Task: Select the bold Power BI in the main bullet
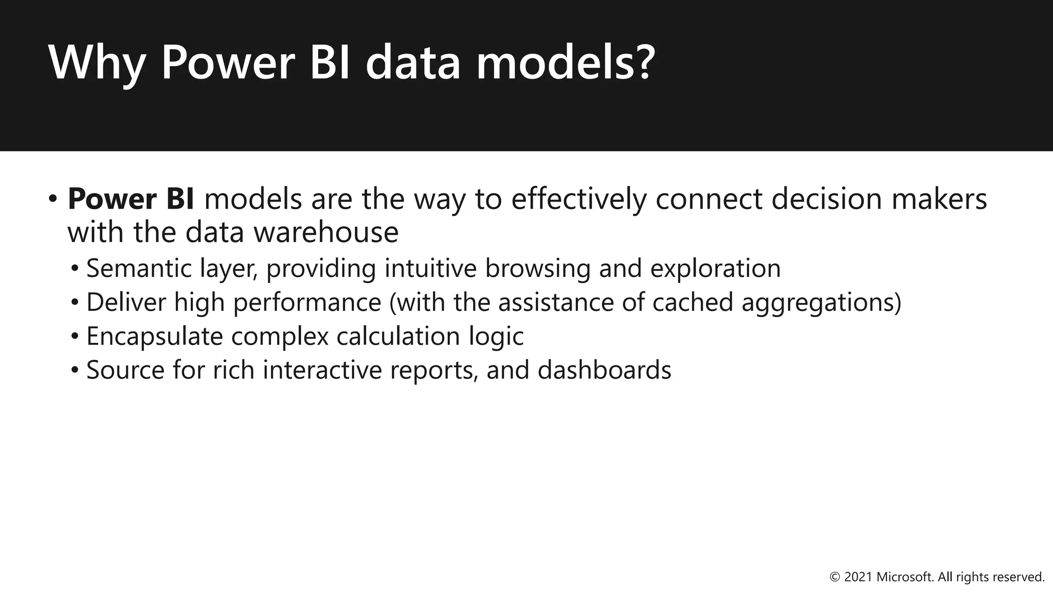(x=131, y=199)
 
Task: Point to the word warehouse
(x=326, y=232)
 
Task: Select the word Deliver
(x=126, y=302)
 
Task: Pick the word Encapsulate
(x=154, y=337)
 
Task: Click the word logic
(x=496, y=337)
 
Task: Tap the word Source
(x=125, y=370)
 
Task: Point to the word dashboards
(x=604, y=370)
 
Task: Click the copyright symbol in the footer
(x=835, y=577)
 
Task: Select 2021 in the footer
(x=858, y=577)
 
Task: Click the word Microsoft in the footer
(x=904, y=577)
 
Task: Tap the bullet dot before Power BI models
(x=53, y=199)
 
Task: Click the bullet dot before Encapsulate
(x=75, y=337)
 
